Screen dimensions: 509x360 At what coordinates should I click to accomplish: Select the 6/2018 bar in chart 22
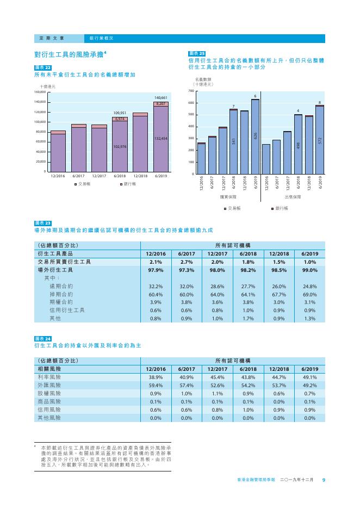point(120,145)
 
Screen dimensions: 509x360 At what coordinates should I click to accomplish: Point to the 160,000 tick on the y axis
point(40,92)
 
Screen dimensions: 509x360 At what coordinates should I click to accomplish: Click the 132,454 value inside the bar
point(161,139)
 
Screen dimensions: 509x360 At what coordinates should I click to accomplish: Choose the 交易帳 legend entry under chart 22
point(82,184)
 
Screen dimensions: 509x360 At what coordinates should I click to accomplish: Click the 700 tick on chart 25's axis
point(191,91)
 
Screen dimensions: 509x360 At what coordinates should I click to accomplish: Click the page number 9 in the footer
point(324,480)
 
